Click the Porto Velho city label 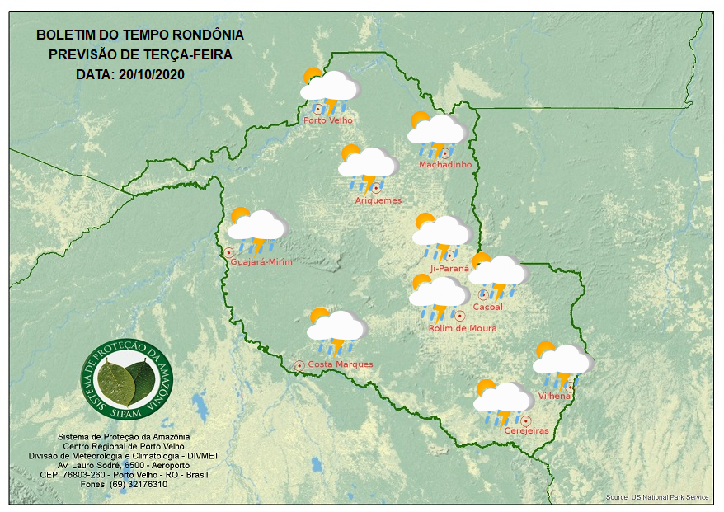[x=328, y=120]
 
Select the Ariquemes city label [x=378, y=200]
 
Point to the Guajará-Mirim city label [x=262, y=262]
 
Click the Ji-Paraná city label [x=449, y=268]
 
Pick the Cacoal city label [x=488, y=308]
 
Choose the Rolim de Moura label [x=463, y=328]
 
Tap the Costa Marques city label [x=341, y=364]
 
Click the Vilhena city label [x=554, y=397]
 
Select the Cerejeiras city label [x=526, y=431]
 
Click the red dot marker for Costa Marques [x=299, y=364]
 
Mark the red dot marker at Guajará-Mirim [x=228, y=252]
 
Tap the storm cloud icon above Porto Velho [x=330, y=89]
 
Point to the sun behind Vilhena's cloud [x=544, y=350]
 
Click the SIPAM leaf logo [x=129, y=379]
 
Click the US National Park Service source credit [x=657, y=497]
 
